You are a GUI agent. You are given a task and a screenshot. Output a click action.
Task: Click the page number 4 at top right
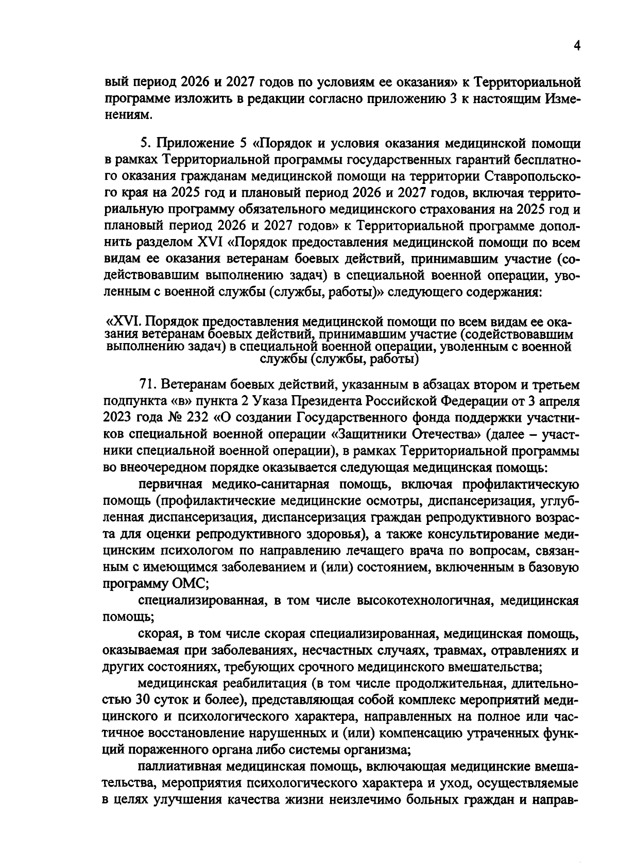point(577,46)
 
